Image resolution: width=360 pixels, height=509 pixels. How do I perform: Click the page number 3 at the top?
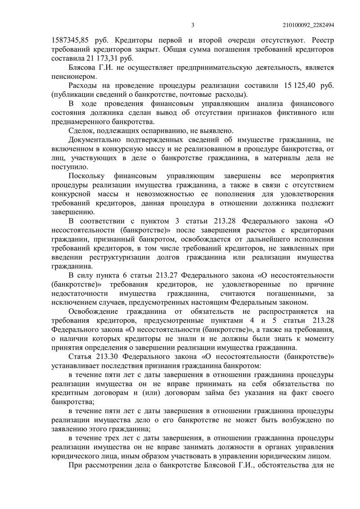tap(192, 25)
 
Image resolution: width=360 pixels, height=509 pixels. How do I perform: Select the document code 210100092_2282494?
tap(308, 25)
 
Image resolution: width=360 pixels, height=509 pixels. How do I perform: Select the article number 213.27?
tap(168, 275)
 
